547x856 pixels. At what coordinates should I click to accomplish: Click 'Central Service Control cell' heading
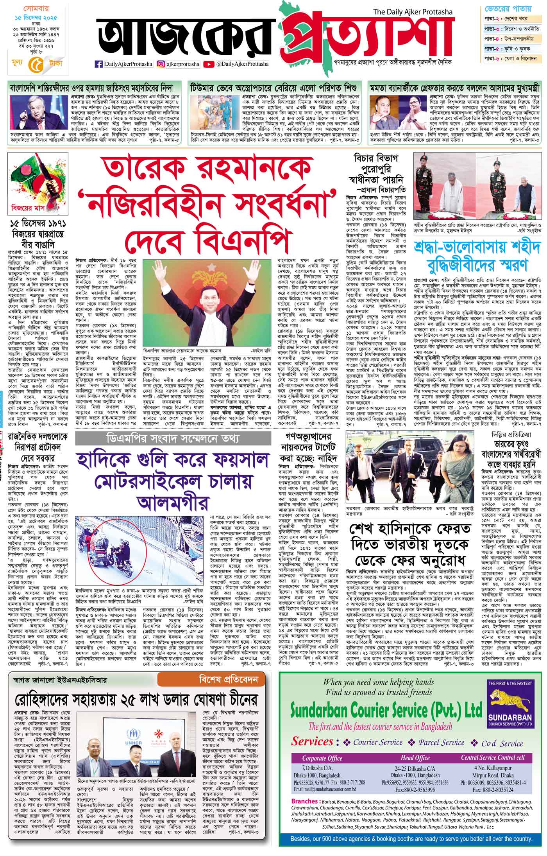coord(493,757)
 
